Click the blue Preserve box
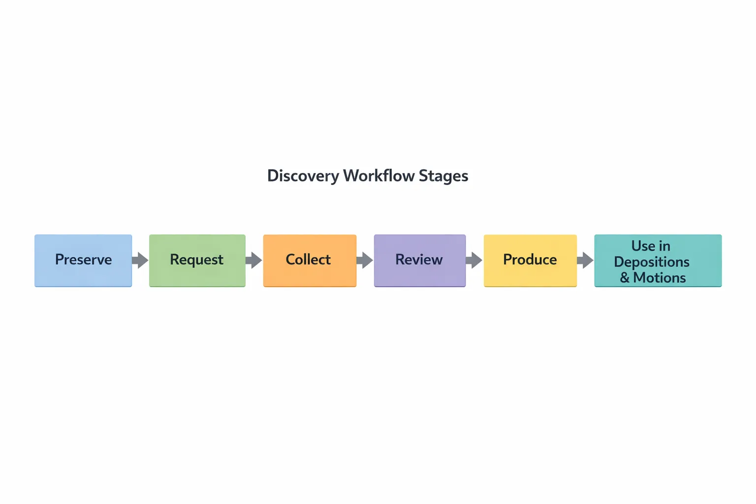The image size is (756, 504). (83, 260)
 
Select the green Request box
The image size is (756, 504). (197, 260)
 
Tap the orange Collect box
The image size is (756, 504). (310, 260)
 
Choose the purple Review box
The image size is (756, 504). (419, 260)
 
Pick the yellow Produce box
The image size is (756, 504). (530, 260)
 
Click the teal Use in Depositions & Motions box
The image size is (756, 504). (658, 260)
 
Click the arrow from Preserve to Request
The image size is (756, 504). (140, 260)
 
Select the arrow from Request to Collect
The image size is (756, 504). (254, 260)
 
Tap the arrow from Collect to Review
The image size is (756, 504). (365, 260)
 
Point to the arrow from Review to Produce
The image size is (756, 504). (474, 260)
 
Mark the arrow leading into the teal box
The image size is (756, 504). (585, 260)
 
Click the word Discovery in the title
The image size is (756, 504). (303, 176)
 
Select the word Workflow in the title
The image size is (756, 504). (378, 176)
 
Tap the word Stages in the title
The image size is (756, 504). (443, 176)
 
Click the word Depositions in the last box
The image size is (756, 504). (652, 262)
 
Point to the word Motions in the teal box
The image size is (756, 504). (660, 278)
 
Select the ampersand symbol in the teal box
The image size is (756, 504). (625, 278)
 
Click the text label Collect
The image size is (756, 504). (308, 259)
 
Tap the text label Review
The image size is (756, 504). (419, 259)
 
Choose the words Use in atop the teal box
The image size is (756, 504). (651, 246)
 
